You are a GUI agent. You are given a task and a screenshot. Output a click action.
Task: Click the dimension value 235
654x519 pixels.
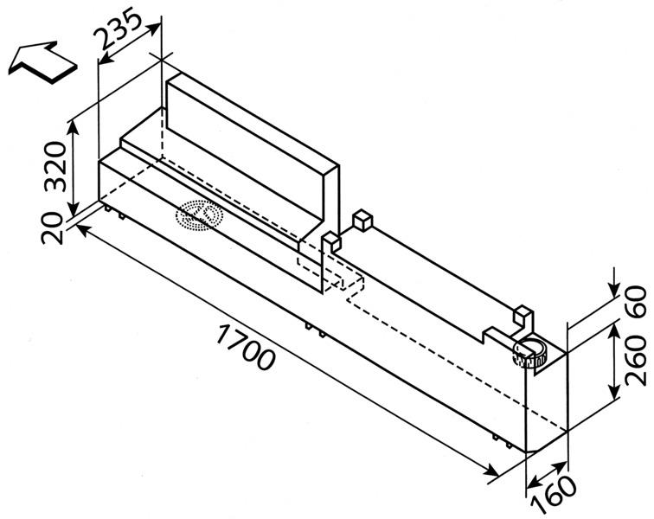118,29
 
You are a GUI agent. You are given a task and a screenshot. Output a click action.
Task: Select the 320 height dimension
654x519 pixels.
55,166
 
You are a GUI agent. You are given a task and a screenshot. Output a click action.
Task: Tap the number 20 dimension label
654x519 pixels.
52,228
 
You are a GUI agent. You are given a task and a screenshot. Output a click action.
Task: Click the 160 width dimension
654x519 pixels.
555,496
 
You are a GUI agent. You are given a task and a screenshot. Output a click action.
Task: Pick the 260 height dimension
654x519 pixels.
636,360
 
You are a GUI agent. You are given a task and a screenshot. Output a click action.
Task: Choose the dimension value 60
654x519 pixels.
636,302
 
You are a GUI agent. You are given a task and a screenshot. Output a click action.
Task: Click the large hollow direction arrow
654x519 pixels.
43,62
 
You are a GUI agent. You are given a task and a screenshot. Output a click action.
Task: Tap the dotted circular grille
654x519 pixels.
199,215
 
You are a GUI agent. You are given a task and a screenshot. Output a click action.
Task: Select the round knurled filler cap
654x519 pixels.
529,353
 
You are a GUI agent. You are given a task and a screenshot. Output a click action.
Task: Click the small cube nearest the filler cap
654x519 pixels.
523,316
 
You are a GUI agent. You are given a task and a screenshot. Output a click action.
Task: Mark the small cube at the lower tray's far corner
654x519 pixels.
362,221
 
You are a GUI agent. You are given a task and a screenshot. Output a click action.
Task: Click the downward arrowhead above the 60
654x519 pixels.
614,290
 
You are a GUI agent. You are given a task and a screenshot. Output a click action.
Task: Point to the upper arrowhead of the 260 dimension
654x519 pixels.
614,331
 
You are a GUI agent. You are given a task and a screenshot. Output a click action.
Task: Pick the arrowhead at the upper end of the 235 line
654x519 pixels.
152,29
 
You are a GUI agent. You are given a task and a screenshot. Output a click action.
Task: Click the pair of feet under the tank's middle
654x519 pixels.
315,329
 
